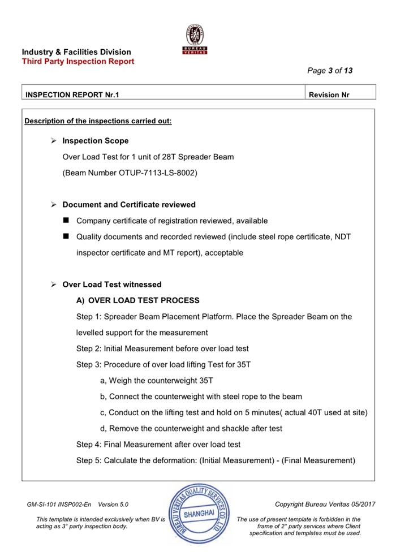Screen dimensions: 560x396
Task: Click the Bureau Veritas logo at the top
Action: [x=195, y=40]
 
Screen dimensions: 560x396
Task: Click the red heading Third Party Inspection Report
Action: [x=78, y=61]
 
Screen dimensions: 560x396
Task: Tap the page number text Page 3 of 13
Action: [x=330, y=71]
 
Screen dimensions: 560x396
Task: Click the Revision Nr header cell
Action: [x=329, y=95]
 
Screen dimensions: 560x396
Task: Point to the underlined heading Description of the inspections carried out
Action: [x=98, y=121]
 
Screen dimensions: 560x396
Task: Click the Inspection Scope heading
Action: [x=95, y=141]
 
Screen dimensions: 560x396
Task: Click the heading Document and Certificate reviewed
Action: [x=129, y=205]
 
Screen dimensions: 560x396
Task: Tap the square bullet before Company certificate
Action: [x=66, y=220]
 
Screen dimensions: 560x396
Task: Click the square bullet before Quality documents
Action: [x=66, y=236]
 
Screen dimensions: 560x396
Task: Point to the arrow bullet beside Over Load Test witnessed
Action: [x=54, y=285]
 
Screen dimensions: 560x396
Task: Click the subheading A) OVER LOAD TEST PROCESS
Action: [x=137, y=300]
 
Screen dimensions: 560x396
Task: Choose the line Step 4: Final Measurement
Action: [x=158, y=444]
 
